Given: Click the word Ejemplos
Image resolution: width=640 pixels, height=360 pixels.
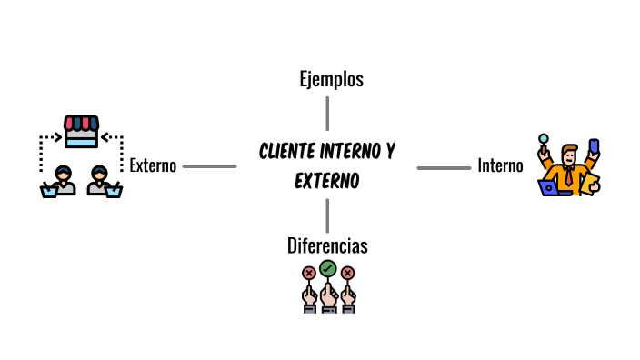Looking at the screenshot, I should click(x=331, y=79).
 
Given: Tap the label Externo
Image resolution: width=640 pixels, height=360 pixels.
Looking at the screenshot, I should click(x=153, y=166).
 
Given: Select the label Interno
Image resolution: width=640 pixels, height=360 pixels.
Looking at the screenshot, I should click(x=500, y=166).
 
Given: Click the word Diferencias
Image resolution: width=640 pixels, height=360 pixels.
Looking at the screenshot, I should click(x=327, y=245).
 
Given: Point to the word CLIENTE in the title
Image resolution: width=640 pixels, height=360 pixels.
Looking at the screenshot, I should click(x=291, y=150).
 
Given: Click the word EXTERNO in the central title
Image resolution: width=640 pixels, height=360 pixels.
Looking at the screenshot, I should click(x=327, y=181).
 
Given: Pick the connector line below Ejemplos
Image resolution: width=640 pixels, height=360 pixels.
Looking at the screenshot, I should click(x=327, y=114).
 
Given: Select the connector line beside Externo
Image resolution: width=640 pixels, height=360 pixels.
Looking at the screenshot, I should click(x=209, y=166).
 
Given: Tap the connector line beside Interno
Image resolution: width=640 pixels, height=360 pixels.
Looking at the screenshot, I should click(x=444, y=167).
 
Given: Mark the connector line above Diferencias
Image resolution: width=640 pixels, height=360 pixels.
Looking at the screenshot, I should click(x=327, y=215).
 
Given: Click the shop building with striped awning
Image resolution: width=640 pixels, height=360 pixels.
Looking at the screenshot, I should click(x=80, y=131).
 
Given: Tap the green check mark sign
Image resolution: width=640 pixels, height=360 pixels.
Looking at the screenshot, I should click(x=327, y=269).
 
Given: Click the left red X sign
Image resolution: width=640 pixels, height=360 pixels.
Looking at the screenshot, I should click(x=308, y=273).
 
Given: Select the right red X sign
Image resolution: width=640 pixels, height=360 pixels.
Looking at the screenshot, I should click(x=347, y=273).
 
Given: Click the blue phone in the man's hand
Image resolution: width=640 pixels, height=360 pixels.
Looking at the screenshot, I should click(x=594, y=146).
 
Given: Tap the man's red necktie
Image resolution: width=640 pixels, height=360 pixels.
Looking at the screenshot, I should click(x=569, y=176).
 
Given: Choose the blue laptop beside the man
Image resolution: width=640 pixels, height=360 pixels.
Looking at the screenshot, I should click(x=550, y=188).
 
